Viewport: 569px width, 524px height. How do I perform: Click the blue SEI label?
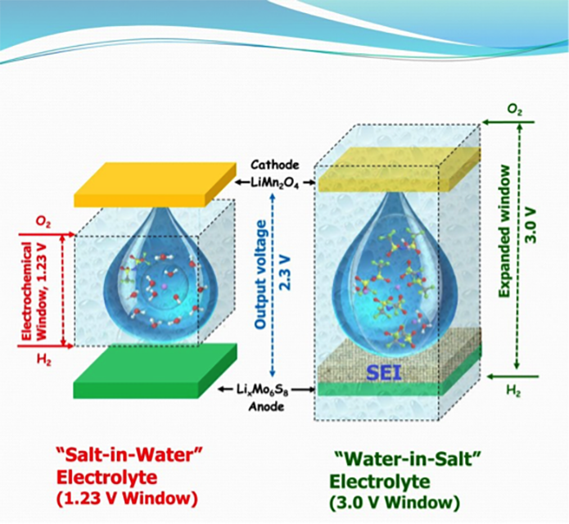(384, 373)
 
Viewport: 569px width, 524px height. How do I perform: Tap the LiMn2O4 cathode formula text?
(275, 183)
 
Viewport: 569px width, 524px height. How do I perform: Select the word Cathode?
(275, 165)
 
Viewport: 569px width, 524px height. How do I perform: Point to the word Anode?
(266, 406)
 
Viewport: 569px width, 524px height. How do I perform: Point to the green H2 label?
(514, 391)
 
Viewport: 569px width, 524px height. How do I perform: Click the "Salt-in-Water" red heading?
(129, 454)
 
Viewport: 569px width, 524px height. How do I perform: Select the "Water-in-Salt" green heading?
(408, 460)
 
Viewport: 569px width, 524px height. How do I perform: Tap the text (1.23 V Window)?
(127, 499)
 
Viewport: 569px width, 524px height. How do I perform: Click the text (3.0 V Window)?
(395, 503)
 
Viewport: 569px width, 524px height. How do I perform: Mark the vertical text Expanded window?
(505, 231)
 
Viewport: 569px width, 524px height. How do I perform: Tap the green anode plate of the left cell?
(155, 371)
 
